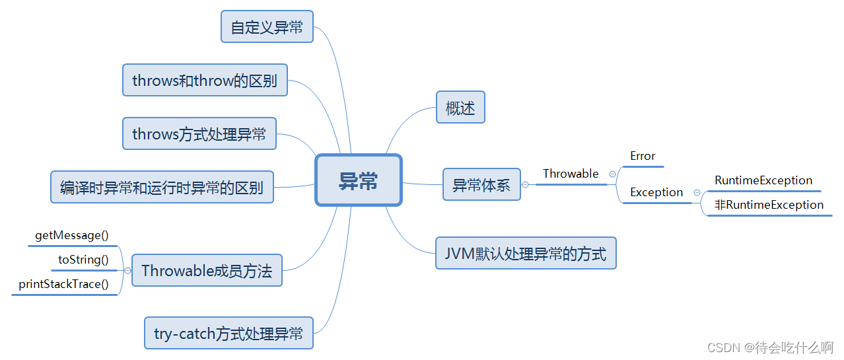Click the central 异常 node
tap(359, 180)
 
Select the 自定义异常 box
tap(267, 27)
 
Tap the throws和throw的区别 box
tap(205, 81)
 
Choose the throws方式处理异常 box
tap(199, 134)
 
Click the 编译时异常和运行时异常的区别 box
tap(162, 188)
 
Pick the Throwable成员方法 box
tap(207, 271)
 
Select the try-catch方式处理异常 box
tap(229, 334)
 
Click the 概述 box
tap(460, 108)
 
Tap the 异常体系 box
tap(481, 185)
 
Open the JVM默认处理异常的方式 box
tap(526, 254)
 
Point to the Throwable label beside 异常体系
tap(571, 174)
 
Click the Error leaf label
tap(643, 156)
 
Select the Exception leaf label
tap(656, 192)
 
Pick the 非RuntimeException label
tap(769, 205)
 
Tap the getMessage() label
tap(71, 235)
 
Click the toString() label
tap(83, 260)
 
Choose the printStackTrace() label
tap(63, 284)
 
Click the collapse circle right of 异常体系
tap(525, 185)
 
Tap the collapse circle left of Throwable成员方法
tap(127, 270)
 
